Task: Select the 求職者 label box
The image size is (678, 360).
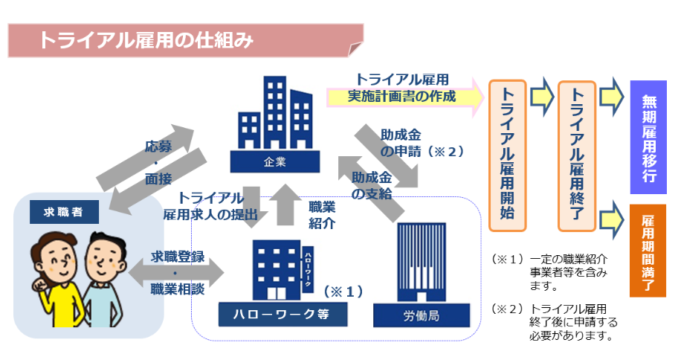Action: pyautogui.click(x=56, y=212)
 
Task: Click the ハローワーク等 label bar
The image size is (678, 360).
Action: pyautogui.click(x=282, y=313)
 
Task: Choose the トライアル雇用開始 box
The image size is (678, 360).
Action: pyautogui.click(x=508, y=155)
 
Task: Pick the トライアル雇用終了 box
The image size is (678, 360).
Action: pyautogui.click(x=576, y=155)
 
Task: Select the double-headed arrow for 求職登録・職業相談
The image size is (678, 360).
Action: pyautogui.click(x=177, y=271)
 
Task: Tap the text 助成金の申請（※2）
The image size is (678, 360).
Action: pyautogui.click(x=420, y=144)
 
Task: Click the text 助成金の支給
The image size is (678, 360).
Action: pyautogui.click(x=371, y=186)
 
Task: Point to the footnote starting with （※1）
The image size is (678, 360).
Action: pyautogui.click(x=550, y=272)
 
